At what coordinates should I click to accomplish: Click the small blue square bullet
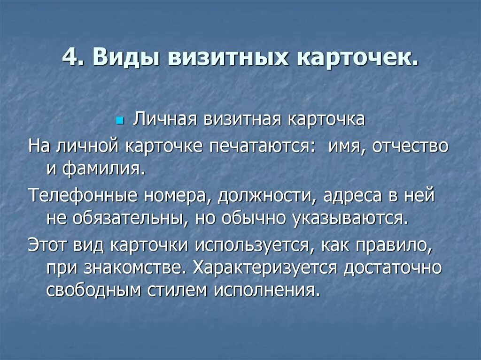pos(119,121)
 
